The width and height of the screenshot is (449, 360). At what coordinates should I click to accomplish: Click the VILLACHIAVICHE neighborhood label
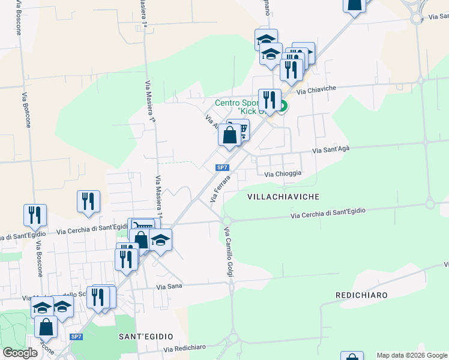click(x=283, y=197)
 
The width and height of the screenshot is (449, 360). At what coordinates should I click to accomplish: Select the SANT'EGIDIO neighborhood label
click(x=146, y=336)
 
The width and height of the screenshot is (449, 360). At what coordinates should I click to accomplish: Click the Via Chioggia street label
click(x=283, y=173)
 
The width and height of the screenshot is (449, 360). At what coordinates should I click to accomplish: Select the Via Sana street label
click(x=169, y=287)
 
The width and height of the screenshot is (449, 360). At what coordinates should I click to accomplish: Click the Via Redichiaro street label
click(x=185, y=348)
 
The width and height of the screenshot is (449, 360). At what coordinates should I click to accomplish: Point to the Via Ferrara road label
click(x=220, y=188)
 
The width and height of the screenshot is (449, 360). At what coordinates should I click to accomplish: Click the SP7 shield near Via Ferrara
click(x=222, y=167)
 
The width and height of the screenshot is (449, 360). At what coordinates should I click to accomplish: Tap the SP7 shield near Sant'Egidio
click(x=76, y=337)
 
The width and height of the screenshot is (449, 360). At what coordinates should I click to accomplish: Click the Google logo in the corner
click(x=20, y=353)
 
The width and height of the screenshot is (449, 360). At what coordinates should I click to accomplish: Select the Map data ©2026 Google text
click(x=411, y=355)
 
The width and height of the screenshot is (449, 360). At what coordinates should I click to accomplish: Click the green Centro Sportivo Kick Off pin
click(x=283, y=108)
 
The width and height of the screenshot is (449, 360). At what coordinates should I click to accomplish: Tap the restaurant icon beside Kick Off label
click(x=269, y=100)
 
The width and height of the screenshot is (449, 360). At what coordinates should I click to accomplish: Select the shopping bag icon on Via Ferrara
click(x=229, y=134)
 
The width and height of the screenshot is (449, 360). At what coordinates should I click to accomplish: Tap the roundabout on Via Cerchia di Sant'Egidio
click(x=226, y=220)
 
